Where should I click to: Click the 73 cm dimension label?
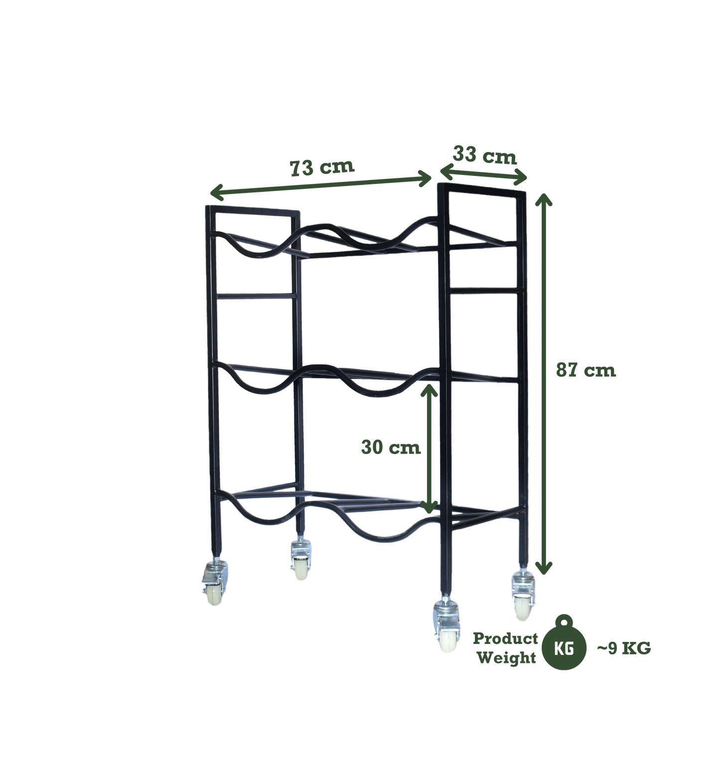coord(322,167)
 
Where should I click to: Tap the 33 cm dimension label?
coord(484,155)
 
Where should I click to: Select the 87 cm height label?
coord(586,370)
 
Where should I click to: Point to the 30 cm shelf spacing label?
coord(391,447)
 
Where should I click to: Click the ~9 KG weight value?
coord(624,648)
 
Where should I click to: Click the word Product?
coord(505,638)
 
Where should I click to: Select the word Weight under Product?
coord(506,658)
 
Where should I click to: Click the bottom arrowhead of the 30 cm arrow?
coord(429,507)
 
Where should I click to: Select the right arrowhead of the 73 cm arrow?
coord(425,178)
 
